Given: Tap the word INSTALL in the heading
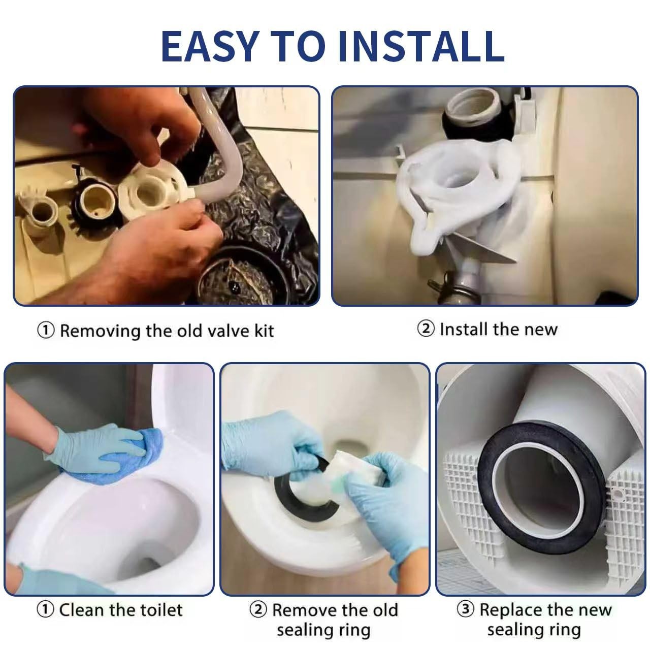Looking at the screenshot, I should tap(421, 46).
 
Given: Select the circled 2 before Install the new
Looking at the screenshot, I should tap(426, 329).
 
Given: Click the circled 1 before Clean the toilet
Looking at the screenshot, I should tap(46, 609).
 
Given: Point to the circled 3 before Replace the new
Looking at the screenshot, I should tap(466, 609).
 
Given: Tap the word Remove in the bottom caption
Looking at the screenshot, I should tap(301, 609).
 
